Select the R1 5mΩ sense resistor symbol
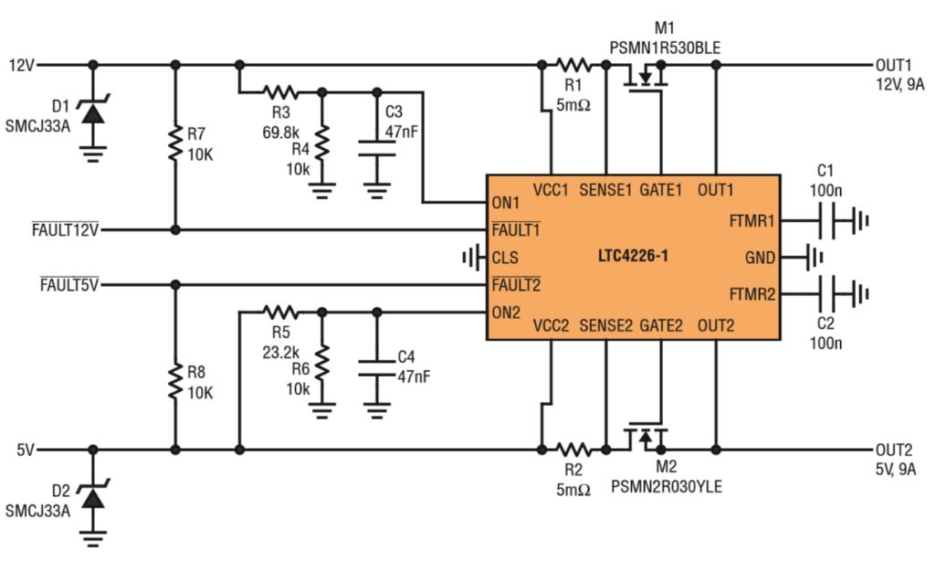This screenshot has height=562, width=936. tap(573, 65)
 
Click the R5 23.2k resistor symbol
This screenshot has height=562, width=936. tap(279, 313)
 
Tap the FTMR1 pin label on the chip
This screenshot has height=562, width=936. tap(752, 221)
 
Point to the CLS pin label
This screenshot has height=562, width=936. tap(504, 258)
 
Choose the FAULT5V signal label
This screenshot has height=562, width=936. tap(68, 284)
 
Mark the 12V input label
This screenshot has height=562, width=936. tap(22, 65)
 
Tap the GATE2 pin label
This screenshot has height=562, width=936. tap(660, 324)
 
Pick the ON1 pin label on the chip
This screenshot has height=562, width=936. tap(505, 202)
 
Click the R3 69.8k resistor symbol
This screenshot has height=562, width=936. tap(279, 91)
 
